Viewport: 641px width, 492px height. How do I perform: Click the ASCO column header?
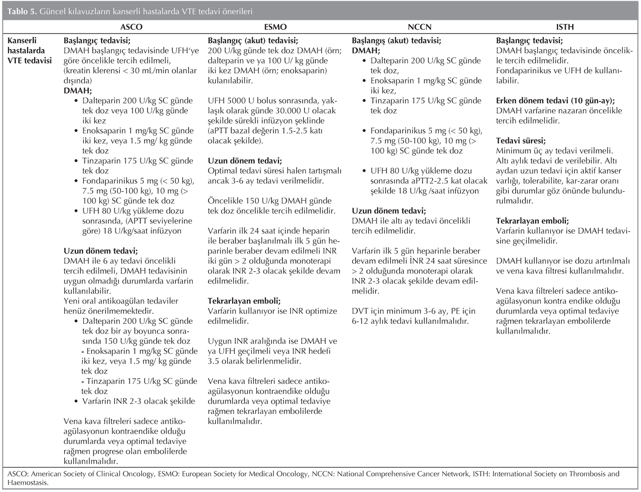pos(131,27)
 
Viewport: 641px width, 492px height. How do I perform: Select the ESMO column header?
pos(275,27)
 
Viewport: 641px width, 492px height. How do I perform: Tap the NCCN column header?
pos(419,27)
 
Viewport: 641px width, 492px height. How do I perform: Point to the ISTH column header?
pos(565,27)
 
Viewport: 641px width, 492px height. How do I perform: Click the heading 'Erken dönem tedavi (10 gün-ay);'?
pos(555,101)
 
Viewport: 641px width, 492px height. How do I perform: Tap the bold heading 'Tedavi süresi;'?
pos(520,141)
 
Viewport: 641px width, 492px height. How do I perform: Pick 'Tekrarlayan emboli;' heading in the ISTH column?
pos(532,221)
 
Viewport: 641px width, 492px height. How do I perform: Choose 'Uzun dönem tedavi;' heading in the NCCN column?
pos(389,211)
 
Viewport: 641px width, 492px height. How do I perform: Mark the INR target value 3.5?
pos(215,361)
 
